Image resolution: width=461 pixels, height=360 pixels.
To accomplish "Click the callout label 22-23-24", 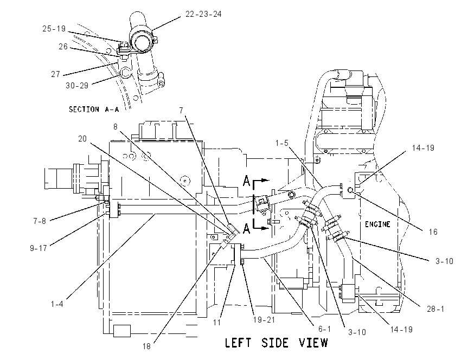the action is (x=203, y=14).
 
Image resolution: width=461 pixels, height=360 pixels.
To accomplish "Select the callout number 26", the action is (x=63, y=47).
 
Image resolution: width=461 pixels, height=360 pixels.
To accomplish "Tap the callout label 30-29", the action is (x=77, y=86).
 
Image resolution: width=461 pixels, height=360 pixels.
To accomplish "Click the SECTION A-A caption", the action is (x=94, y=110).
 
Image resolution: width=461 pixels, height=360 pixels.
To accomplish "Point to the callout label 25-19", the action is (x=54, y=29).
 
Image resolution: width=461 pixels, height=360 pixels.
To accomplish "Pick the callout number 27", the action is (x=55, y=74).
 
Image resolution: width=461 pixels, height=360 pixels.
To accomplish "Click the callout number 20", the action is (x=82, y=138).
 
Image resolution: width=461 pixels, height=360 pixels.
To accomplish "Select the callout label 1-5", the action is (x=281, y=143).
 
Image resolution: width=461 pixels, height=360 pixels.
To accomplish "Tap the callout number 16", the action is (x=433, y=232).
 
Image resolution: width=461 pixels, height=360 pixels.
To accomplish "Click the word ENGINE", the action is (x=377, y=224).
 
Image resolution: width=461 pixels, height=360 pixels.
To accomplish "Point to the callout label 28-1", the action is (x=436, y=309).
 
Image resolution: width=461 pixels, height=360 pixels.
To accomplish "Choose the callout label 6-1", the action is (x=324, y=329).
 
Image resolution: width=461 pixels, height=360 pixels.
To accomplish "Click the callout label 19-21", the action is (x=264, y=319).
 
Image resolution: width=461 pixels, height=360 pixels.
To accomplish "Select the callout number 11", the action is (x=217, y=323).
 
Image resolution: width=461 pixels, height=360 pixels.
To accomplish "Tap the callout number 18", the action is (x=146, y=346).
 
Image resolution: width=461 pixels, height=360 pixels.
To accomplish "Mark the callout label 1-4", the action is (x=57, y=304).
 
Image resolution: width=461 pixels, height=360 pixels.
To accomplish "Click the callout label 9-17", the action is (x=38, y=248).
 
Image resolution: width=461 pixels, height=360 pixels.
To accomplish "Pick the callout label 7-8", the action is (x=40, y=221).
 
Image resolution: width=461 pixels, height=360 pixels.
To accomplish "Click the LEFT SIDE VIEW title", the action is (x=276, y=343).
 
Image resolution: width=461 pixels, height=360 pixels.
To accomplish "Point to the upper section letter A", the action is (x=246, y=181).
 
